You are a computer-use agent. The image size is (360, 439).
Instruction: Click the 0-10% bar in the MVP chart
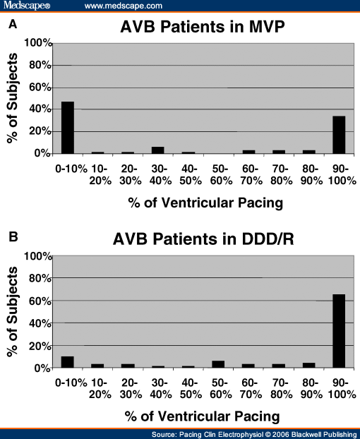point(68,128)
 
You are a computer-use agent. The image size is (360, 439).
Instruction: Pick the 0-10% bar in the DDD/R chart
point(68,362)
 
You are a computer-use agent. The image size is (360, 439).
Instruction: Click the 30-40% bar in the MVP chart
point(158,150)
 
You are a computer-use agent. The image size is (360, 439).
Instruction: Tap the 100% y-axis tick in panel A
point(37,43)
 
